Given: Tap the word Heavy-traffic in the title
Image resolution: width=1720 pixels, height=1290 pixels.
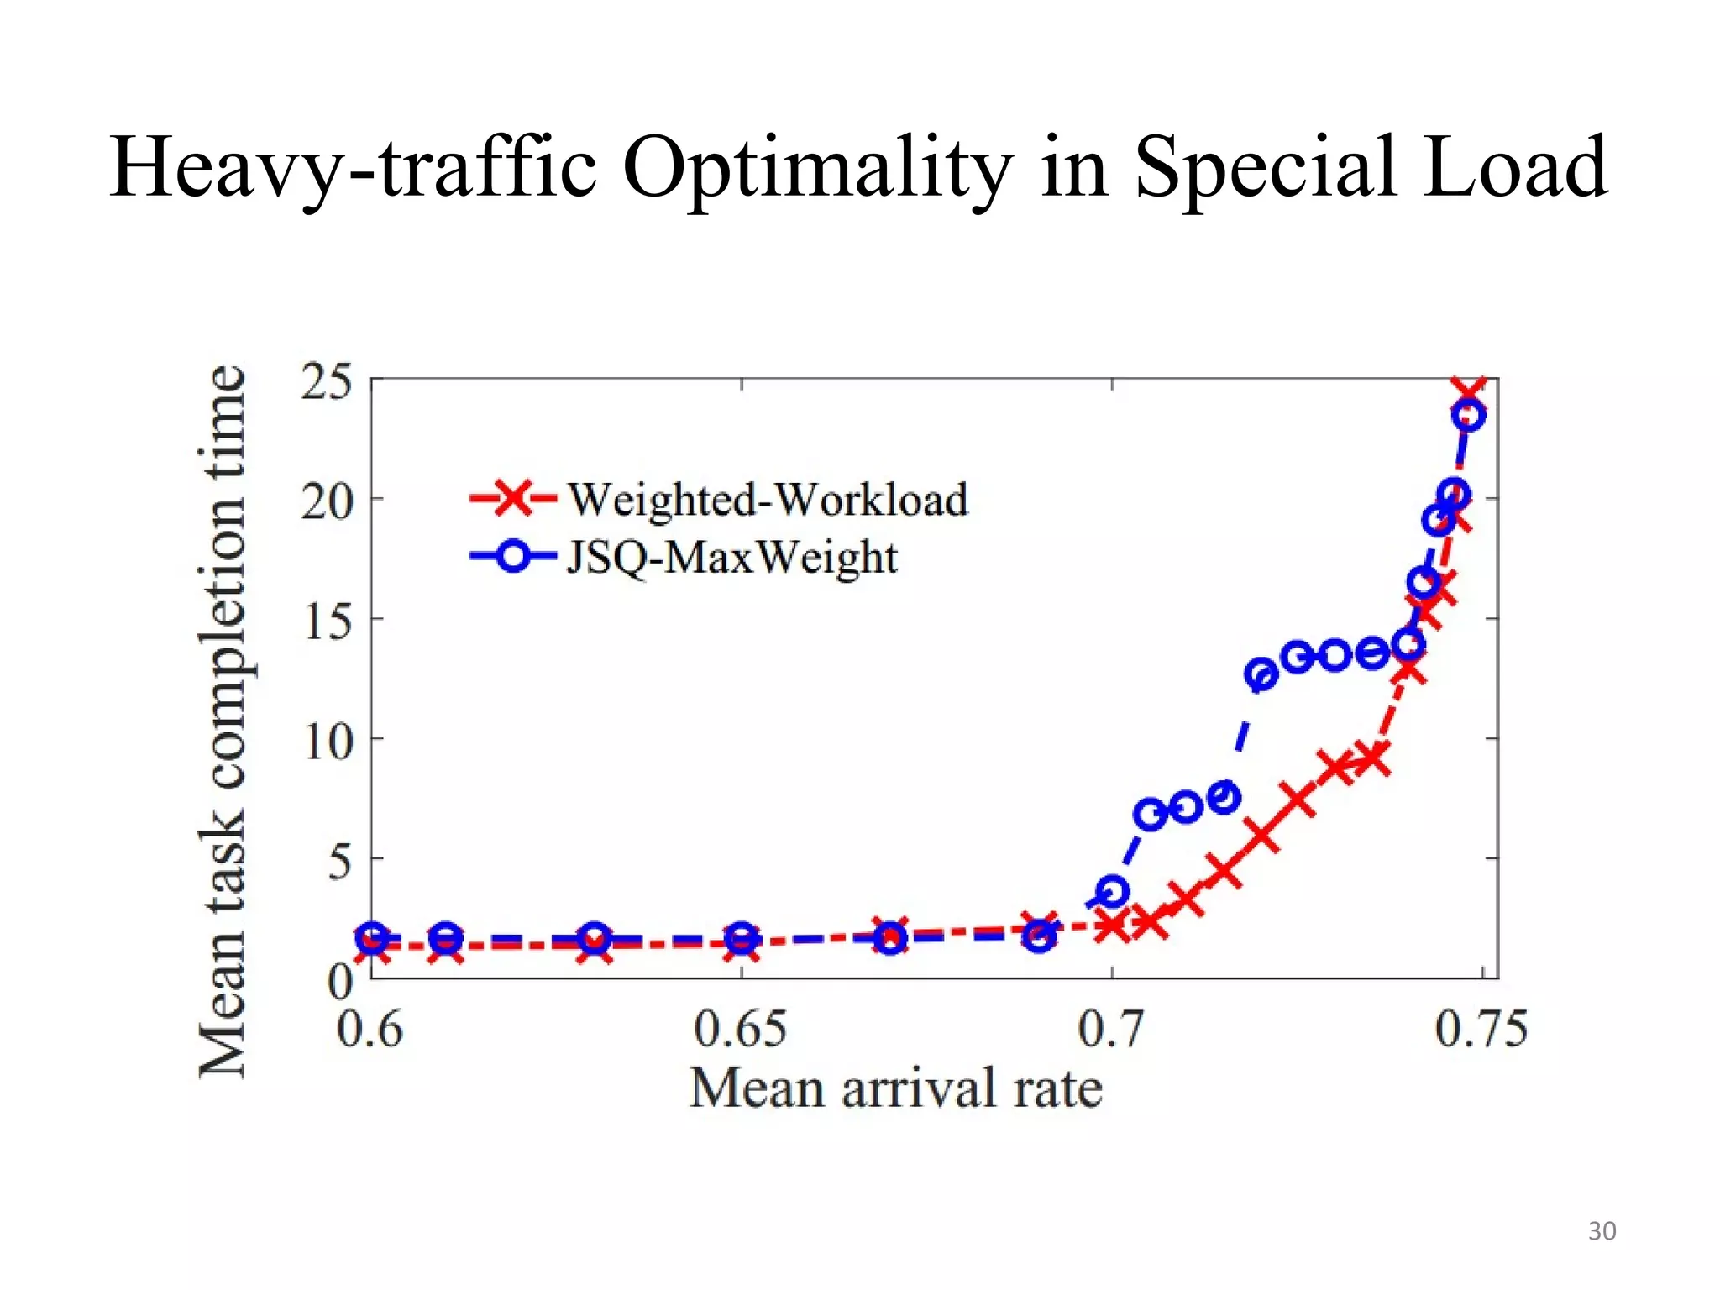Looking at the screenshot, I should (x=353, y=168).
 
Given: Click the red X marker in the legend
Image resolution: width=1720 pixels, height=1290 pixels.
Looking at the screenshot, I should (x=511, y=498).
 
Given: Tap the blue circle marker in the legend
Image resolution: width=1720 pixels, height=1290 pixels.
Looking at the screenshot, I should (x=512, y=557).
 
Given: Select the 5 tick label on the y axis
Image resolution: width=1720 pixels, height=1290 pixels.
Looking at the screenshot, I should (x=338, y=862).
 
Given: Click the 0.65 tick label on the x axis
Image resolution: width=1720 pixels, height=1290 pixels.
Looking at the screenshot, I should (x=740, y=1030).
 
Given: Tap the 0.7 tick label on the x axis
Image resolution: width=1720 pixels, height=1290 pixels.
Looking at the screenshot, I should (x=1110, y=1030).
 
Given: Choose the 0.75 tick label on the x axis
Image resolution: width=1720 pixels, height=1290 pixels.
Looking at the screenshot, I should (x=1481, y=1030).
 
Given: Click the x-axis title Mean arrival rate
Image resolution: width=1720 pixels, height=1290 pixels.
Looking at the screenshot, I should (x=895, y=1089).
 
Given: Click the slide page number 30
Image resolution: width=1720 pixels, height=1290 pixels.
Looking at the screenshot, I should (x=1602, y=1231).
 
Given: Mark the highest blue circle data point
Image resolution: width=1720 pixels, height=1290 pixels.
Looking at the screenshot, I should (x=1469, y=415).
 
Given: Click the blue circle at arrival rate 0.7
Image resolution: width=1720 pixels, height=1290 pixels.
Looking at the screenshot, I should (x=1113, y=891).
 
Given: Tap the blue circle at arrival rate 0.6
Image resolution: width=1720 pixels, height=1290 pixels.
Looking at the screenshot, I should (x=373, y=936).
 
